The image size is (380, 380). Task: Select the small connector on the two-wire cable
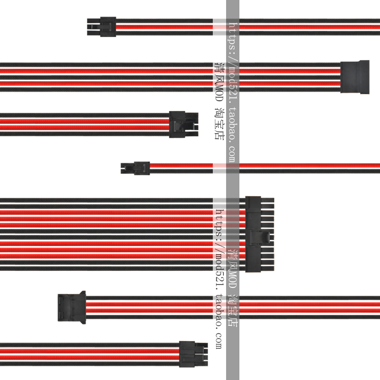click(x=135, y=167)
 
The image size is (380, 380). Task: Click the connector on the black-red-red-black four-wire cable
click(x=183, y=124)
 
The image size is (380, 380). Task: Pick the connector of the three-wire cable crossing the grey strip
click(x=102, y=27)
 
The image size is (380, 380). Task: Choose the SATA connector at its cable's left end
click(x=71, y=307)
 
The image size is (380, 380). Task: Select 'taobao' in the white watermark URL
click(x=233, y=125)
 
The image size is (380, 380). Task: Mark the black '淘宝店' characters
click(x=218, y=126)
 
